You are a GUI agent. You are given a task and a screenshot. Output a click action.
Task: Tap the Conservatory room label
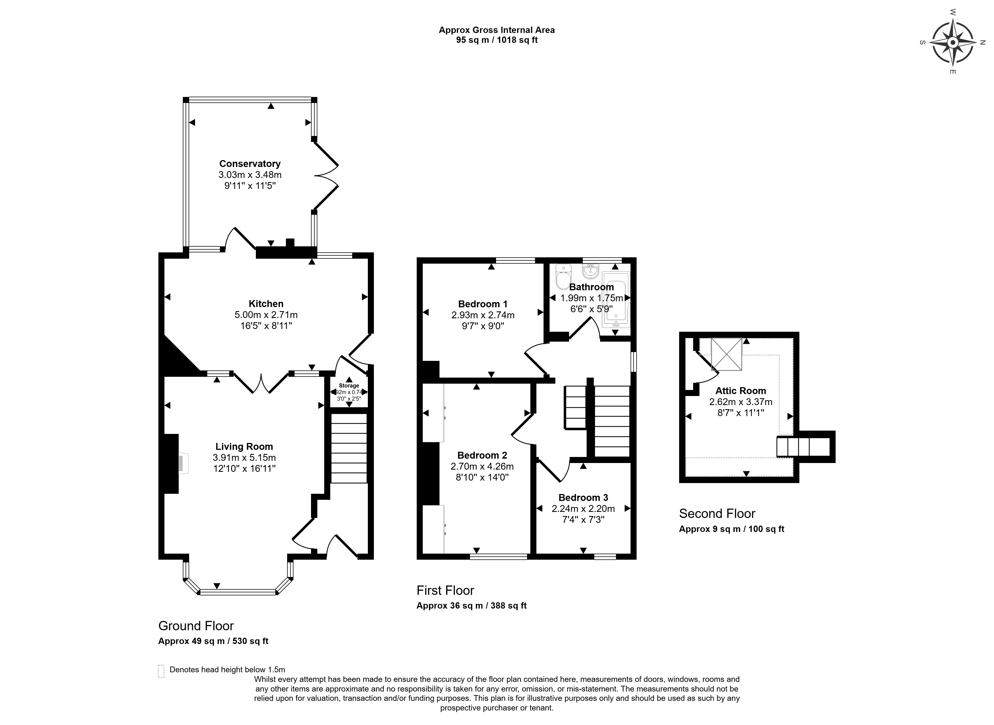pos(250,164)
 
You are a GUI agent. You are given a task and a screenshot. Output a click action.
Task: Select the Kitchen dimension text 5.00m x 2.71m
pos(266,315)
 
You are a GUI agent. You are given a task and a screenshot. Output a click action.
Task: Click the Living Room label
pos(244,446)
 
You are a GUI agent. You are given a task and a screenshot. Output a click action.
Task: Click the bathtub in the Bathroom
pos(616,300)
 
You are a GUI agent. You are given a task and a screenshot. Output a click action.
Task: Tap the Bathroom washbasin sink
pos(590,271)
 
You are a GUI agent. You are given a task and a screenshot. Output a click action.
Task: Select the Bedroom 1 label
pos(483,304)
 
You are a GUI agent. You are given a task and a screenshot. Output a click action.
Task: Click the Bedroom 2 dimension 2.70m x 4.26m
pos(482,466)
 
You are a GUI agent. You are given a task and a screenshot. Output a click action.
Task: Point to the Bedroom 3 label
pos(583,497)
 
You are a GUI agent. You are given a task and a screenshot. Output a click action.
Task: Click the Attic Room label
pos(741,391)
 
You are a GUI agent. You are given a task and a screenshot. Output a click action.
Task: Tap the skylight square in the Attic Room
pos(726,354)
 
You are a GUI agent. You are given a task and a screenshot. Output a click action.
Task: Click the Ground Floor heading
pos(196,626)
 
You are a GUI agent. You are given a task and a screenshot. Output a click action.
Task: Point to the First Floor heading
pos(445,590)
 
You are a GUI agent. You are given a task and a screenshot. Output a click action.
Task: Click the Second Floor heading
pos(717,514)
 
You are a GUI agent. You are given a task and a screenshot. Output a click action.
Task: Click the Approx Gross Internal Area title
pos(497,30)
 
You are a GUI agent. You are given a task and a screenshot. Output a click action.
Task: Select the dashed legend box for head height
pos(161,671)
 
